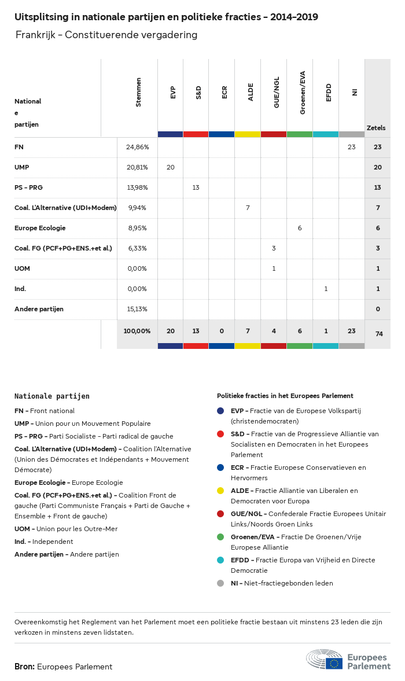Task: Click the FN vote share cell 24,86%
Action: [x=137, y=148]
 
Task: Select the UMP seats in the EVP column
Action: [x=170, y=168]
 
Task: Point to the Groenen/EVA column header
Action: [x=303, y=93]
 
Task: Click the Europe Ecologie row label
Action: [x=40, y=228]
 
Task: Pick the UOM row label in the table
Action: [x=22, y=268]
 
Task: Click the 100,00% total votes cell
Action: [x=137, y=331]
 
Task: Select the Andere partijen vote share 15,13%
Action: [x=137, y=309]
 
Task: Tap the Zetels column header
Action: [x=376, y=128]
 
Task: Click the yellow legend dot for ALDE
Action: [x=220, y=491]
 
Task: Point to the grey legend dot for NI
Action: [x=220, y=583]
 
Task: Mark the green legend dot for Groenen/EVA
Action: [x=220, y=537]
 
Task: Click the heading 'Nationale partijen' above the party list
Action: [x=52, y=396]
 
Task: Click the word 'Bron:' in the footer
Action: [x=24, y=667]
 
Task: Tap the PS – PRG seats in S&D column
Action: [x=196, y=187]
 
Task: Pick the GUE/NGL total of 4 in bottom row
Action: [x=274, y=331]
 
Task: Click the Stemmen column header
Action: [x=138, y=92]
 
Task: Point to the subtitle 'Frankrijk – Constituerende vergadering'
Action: [x=106, y=35]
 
